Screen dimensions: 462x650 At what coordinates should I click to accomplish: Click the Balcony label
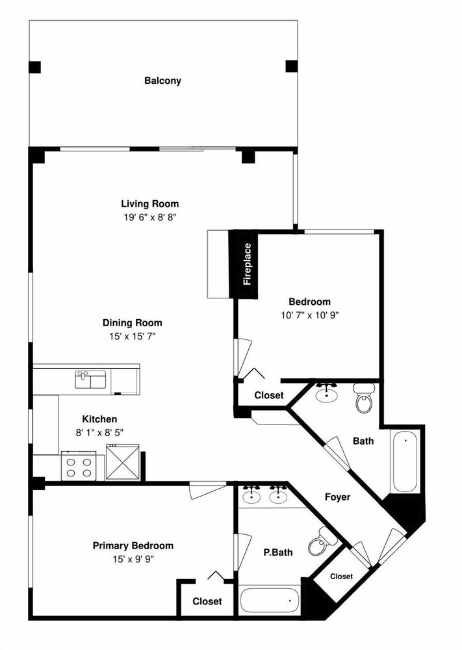click(x=162, y=81)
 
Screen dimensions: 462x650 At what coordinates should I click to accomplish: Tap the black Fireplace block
click(x=244, y=264)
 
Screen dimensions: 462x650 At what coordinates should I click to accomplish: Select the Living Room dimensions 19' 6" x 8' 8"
click(x=150, y=217)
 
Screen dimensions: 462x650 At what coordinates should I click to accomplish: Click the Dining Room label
click(x=132, y=322)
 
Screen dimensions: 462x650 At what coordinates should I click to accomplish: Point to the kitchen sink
click(x=91, y=380)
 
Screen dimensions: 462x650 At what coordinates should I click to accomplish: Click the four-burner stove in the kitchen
click(x=79, y=466)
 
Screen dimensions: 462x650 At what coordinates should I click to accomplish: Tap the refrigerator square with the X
click(x=123, y=462)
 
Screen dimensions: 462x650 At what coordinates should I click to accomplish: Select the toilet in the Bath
click(x=365, y=398)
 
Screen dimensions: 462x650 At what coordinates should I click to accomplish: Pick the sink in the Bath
click(x=326, y=393)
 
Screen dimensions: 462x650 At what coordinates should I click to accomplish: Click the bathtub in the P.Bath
click(x=270, y=600)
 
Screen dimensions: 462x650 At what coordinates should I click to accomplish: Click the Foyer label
click(x=337, y=497)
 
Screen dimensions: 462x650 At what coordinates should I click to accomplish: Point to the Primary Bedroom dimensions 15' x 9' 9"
click(x=133, y=559)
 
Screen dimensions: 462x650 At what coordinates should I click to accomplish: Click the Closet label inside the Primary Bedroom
click(x=207, y=601)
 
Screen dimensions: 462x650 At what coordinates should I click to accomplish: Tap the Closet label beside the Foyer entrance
click(x=341, y=576)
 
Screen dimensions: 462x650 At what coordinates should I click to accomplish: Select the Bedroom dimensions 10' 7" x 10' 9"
click(x=309, y=315)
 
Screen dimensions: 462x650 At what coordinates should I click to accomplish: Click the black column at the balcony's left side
click(x=34, y=67)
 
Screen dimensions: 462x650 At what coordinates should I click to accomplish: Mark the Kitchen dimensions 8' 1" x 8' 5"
click(x=99, y=433)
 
